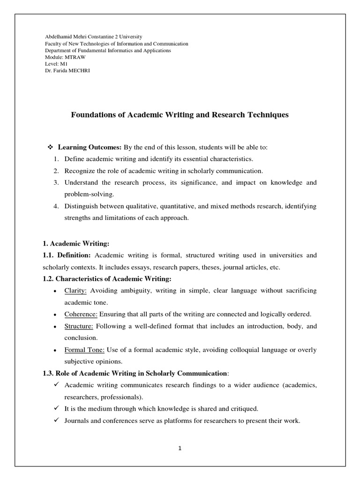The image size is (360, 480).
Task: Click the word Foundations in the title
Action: click(92, 114)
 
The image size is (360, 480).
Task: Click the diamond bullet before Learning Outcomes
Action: click(51, 147)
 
